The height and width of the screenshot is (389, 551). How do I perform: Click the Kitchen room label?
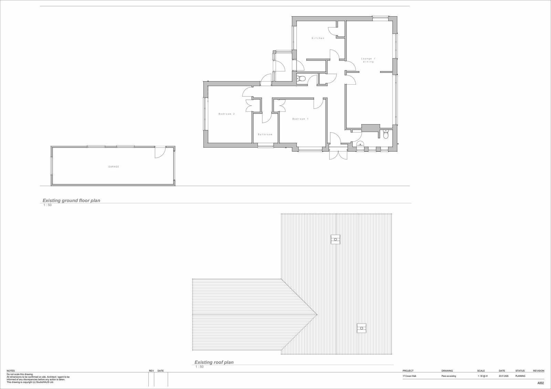(318, 38)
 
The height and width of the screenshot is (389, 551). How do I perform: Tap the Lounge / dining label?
(368, 60)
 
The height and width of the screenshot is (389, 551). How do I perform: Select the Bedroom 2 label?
(227, 114)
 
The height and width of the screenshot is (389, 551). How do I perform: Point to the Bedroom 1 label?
(300, 119)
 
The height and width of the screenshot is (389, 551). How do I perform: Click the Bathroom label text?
(265, 134)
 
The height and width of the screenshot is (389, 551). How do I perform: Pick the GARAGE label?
(114, 166)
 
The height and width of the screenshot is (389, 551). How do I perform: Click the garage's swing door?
(160, 152)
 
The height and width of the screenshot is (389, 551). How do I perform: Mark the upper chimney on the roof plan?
(335, 239)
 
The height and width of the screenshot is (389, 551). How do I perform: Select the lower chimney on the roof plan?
(362, 328)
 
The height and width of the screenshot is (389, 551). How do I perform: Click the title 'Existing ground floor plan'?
(71, 201)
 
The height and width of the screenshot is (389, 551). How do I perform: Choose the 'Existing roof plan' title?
(214, 362)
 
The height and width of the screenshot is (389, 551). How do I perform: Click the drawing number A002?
(540, 383)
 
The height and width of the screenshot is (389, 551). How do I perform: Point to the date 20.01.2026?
(503, 376)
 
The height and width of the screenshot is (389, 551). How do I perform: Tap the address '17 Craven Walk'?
(409, 376)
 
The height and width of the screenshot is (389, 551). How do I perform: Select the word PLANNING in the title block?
(520, 376)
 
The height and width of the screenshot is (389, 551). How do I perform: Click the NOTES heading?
(11, 371)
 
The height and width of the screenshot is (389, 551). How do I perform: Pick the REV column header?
(151, 371)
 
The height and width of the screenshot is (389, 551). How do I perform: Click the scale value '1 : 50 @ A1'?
(482, 376)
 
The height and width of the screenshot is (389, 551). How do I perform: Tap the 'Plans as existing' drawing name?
(449, 376)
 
